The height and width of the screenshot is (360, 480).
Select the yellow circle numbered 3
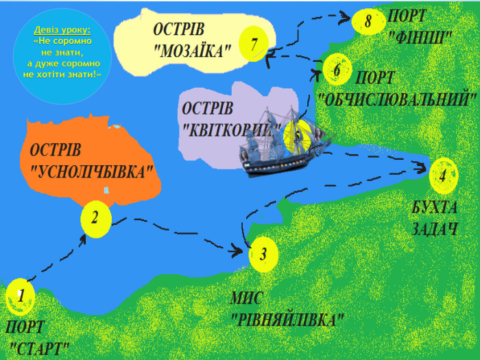[263, 254]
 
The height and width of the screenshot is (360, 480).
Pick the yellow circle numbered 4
[443, 175]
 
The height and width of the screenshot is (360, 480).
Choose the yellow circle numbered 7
[254, 45]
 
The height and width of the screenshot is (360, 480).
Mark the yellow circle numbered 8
[368, 22]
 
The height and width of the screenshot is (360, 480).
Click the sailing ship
[281, 144]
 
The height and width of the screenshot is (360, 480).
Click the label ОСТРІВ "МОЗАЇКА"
[191, 40]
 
